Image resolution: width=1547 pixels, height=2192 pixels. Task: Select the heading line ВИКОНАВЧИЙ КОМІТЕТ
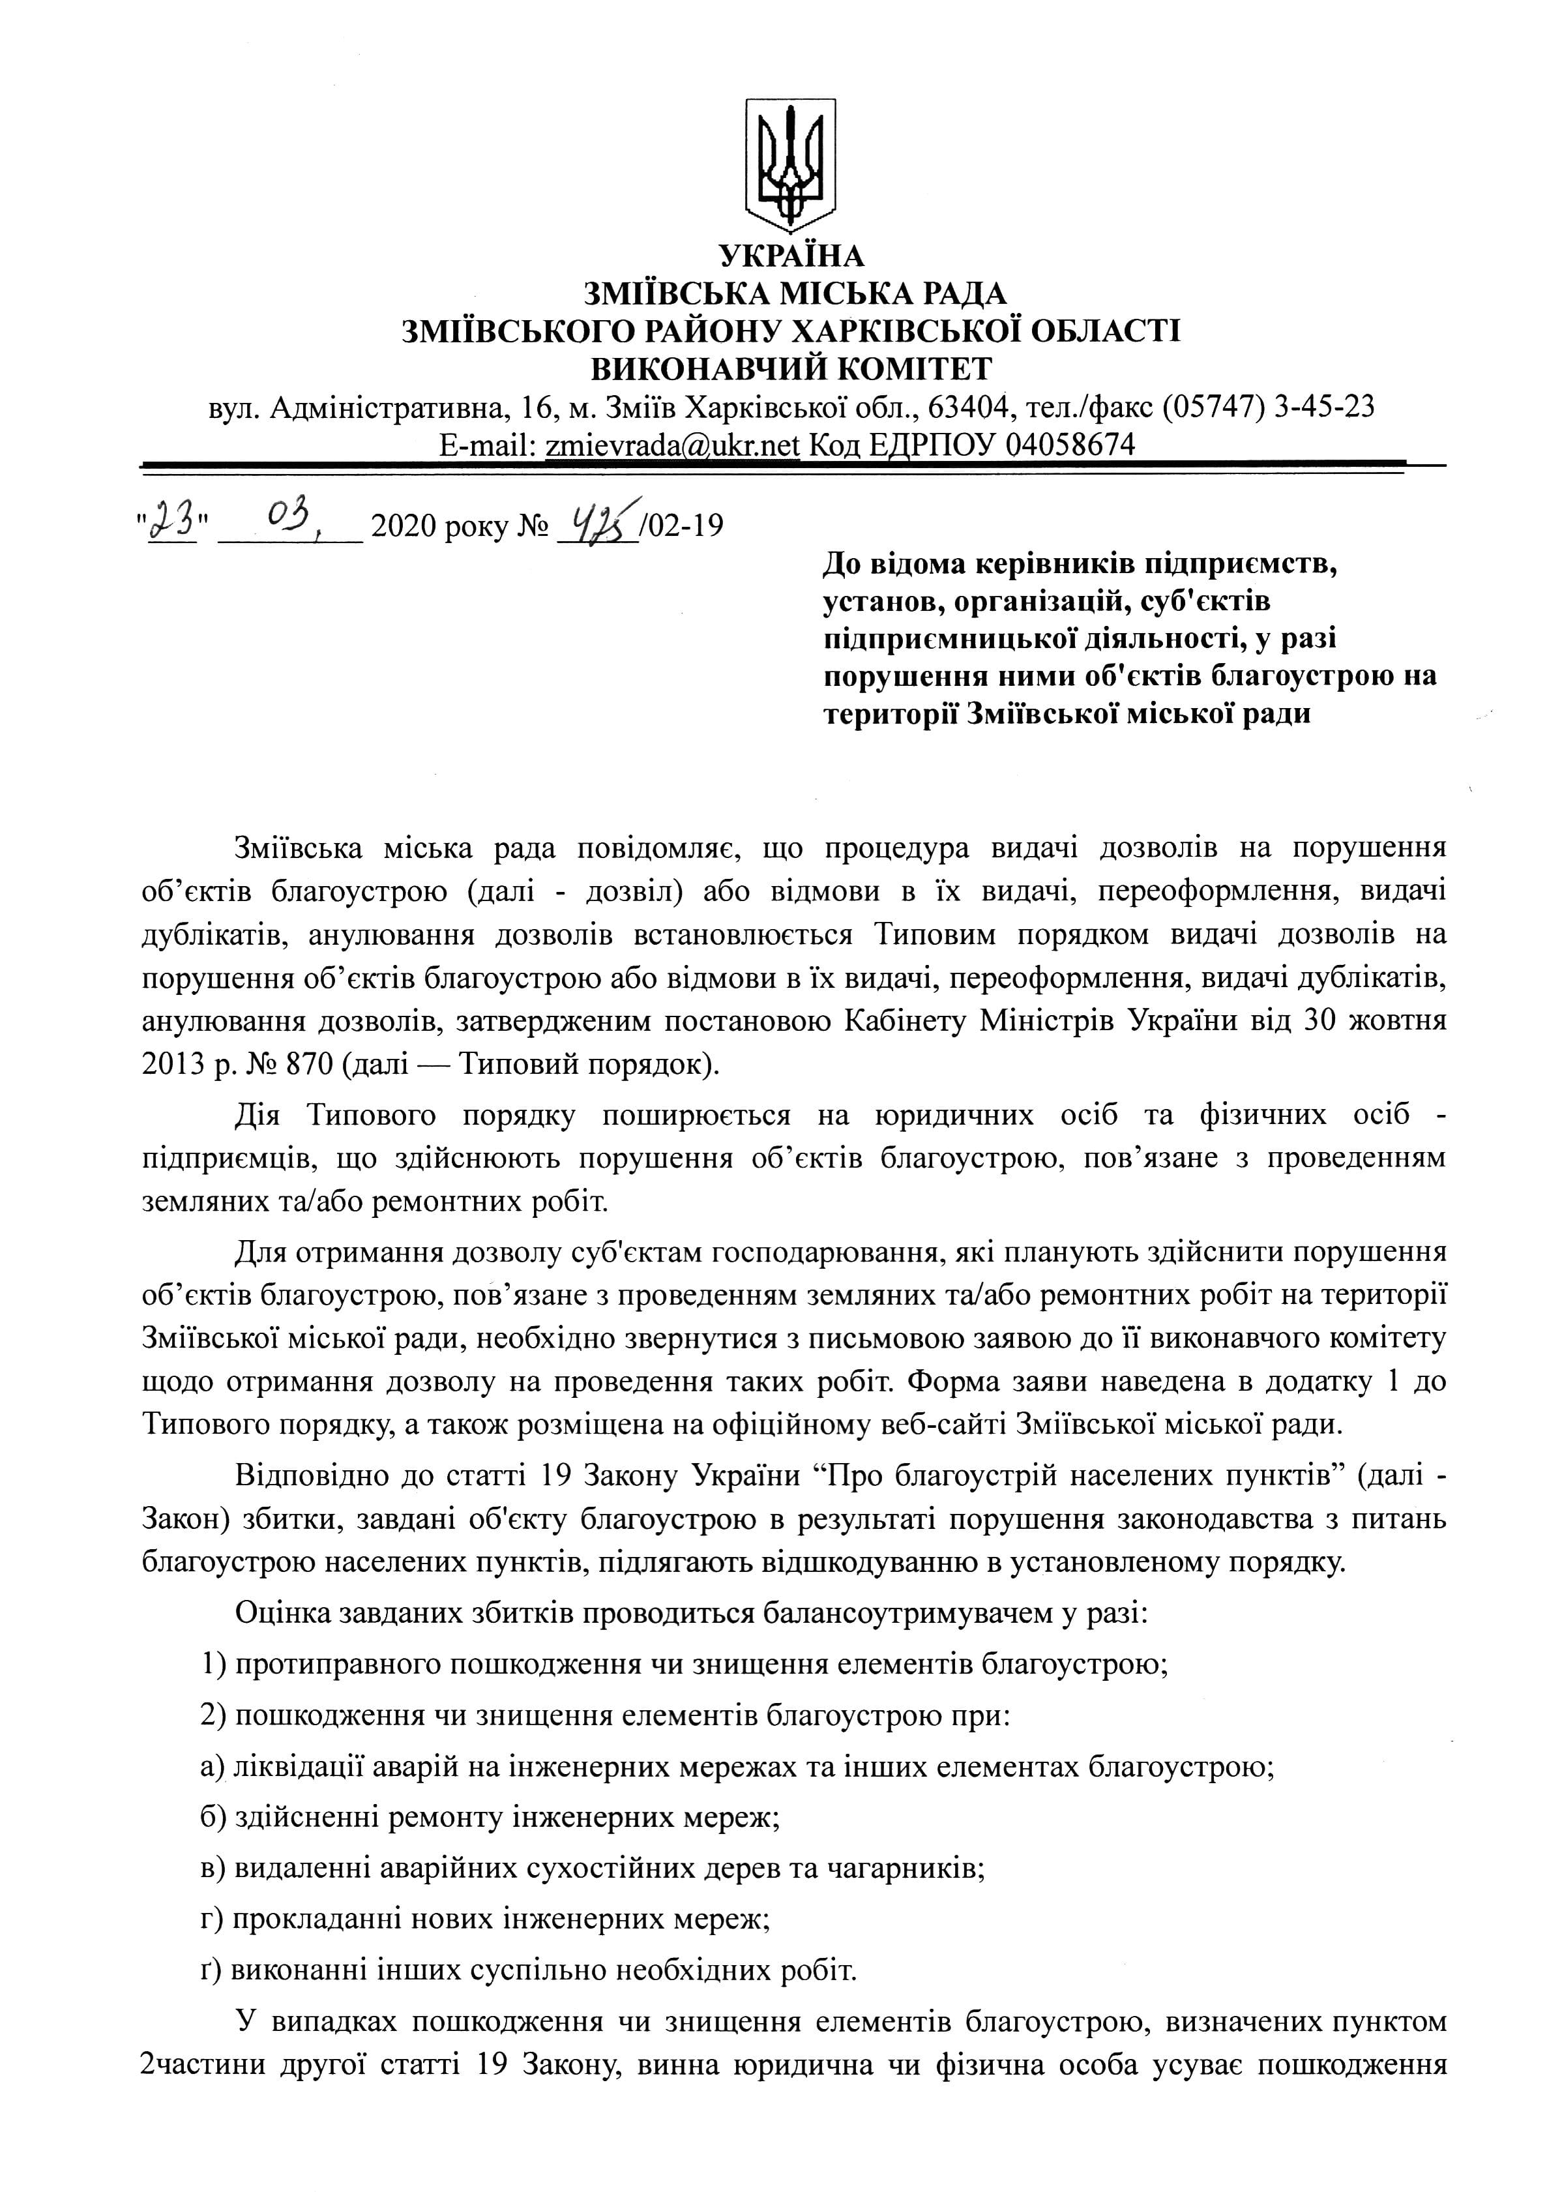791,368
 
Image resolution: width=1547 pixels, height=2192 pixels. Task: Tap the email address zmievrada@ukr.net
671,445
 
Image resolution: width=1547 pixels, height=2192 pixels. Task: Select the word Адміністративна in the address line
387,407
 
